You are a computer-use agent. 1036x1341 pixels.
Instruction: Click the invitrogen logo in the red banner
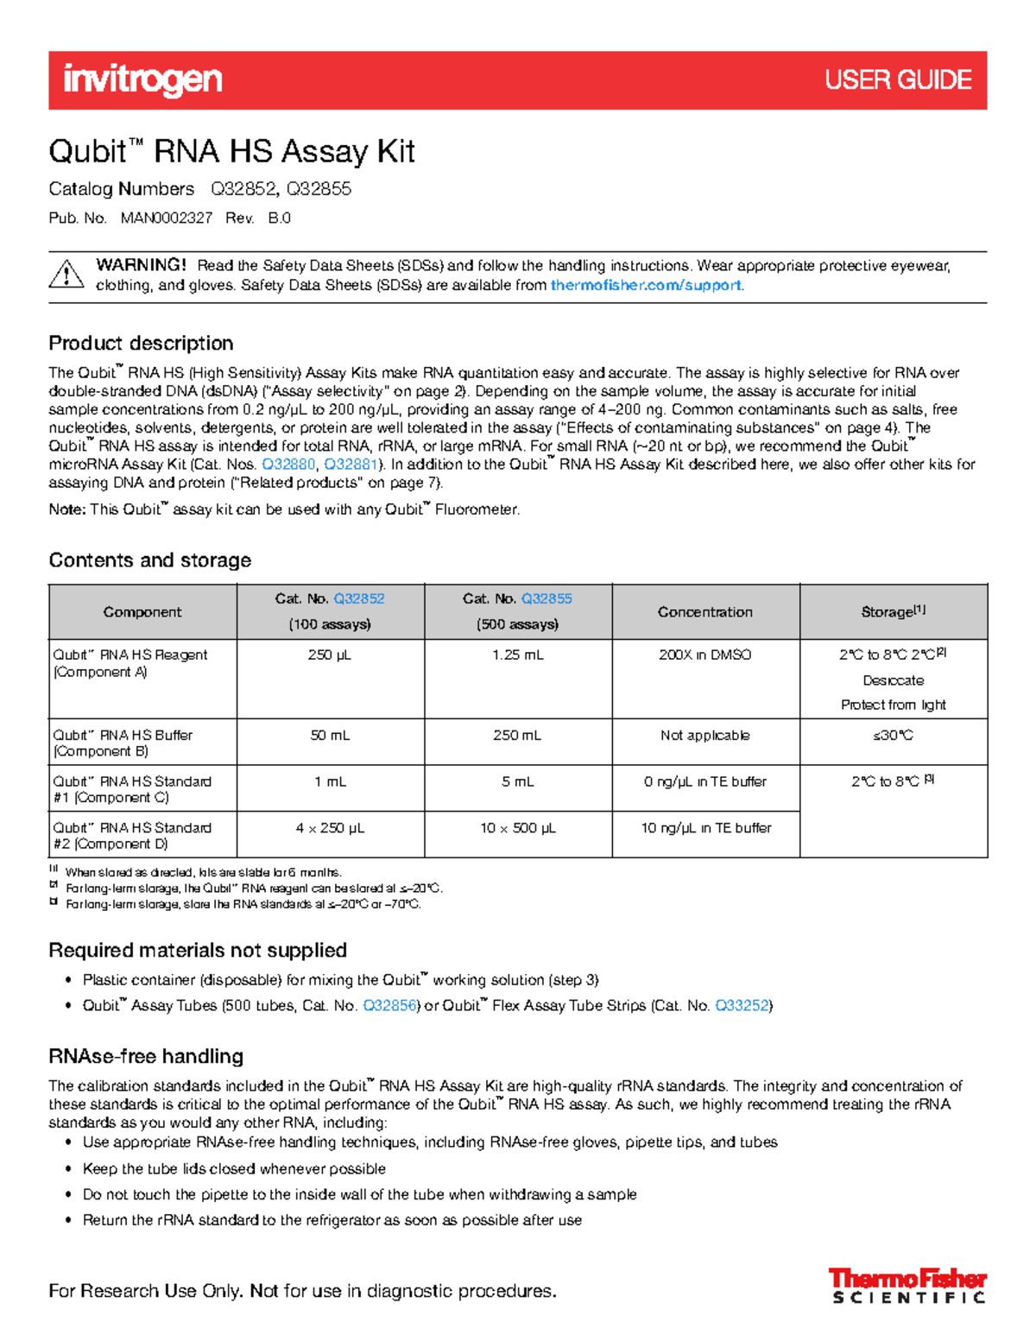tap(142, 80)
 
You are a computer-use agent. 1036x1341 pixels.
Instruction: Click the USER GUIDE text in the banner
tap(898, 80)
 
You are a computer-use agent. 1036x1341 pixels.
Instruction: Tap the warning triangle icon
tap(66, 275)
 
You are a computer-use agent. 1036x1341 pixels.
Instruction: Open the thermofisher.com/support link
tap(646, 285)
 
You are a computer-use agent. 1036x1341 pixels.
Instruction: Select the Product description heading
tap(141, 343)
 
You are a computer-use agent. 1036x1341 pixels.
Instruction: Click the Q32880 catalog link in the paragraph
tap(288, 465)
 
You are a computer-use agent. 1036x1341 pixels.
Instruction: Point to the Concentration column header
tap(705, 611)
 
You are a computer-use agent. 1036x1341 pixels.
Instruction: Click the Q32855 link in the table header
tap(546, 598)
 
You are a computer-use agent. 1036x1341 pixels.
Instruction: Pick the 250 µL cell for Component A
tap(330, 655)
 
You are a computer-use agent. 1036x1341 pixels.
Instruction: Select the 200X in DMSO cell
tap(705, 655)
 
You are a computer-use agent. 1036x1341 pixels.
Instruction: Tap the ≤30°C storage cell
tap(894, 736)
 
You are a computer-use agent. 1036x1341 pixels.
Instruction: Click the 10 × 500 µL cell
tap(518, 828)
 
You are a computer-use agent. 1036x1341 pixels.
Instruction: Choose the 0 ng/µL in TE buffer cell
tap(705, 781)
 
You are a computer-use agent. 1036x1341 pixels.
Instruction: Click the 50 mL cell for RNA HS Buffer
tap(330, 736)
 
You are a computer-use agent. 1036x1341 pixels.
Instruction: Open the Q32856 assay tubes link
tap(390, 1005)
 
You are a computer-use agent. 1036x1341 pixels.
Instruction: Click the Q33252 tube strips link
tap(742, 1005)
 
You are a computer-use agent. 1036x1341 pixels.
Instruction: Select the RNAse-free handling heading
tap(146, 1056)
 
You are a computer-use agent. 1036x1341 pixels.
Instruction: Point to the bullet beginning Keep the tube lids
tap(234, 1168)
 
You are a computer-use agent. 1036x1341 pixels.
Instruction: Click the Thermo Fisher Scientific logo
tap(907, 1285)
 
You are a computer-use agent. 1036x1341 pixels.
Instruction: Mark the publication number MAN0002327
tap(167, 218)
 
